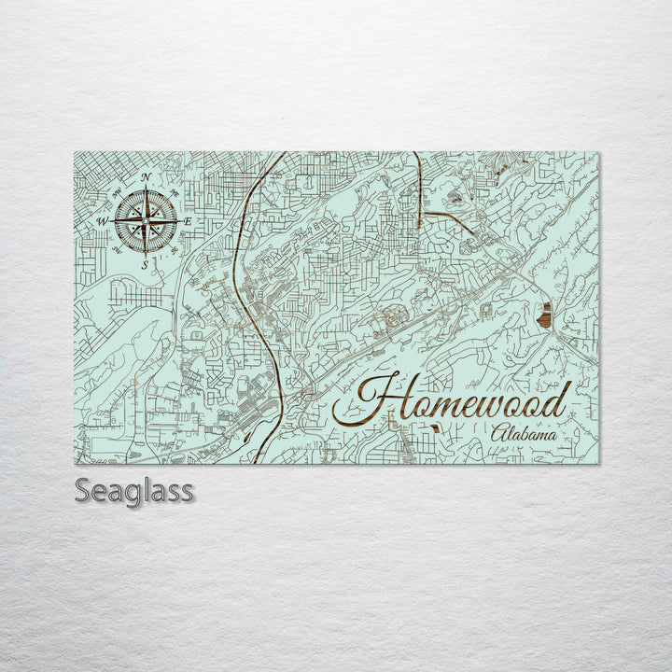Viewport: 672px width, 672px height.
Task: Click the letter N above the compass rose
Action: tap(146, 177)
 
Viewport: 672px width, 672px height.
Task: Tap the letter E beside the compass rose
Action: tap(189, 221)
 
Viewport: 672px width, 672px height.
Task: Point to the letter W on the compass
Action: tap(101, 221)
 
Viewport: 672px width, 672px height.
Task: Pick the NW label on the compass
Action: tap(115, 192)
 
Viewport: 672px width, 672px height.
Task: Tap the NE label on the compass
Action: tap(175, 191)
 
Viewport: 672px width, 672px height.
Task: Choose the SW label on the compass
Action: tap(115, 251)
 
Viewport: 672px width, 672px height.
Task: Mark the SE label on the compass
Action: tap(175, 251)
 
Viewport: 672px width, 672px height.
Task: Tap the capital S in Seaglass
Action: tap(81, 489)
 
